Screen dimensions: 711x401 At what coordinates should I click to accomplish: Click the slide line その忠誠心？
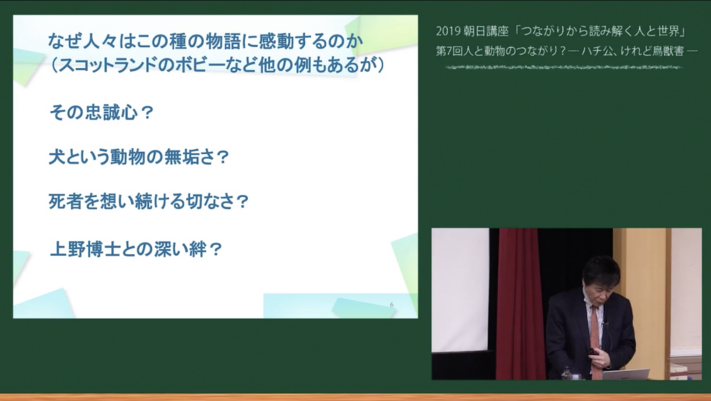point(101,112)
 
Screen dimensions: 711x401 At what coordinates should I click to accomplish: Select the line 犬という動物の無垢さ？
point(139,157)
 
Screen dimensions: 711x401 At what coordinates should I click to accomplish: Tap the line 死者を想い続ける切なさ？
point(149,202)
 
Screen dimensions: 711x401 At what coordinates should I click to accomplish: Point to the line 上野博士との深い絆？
point(135,249)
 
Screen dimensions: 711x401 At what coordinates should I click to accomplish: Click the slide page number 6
point(392,305)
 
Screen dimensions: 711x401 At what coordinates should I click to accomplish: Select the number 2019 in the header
point(448,31)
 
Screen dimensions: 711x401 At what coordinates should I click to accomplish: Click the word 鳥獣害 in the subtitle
point(667,51)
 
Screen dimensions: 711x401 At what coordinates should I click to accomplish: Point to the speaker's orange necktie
point(595,338)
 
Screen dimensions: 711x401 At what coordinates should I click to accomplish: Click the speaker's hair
point(601,271)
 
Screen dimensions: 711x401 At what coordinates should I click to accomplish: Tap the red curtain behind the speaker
point(519,304)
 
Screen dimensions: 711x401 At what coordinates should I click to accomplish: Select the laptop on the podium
point(625,374)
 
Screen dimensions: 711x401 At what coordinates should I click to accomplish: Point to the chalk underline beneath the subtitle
point(564,67)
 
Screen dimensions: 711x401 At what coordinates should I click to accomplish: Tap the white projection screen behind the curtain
point(460,289)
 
